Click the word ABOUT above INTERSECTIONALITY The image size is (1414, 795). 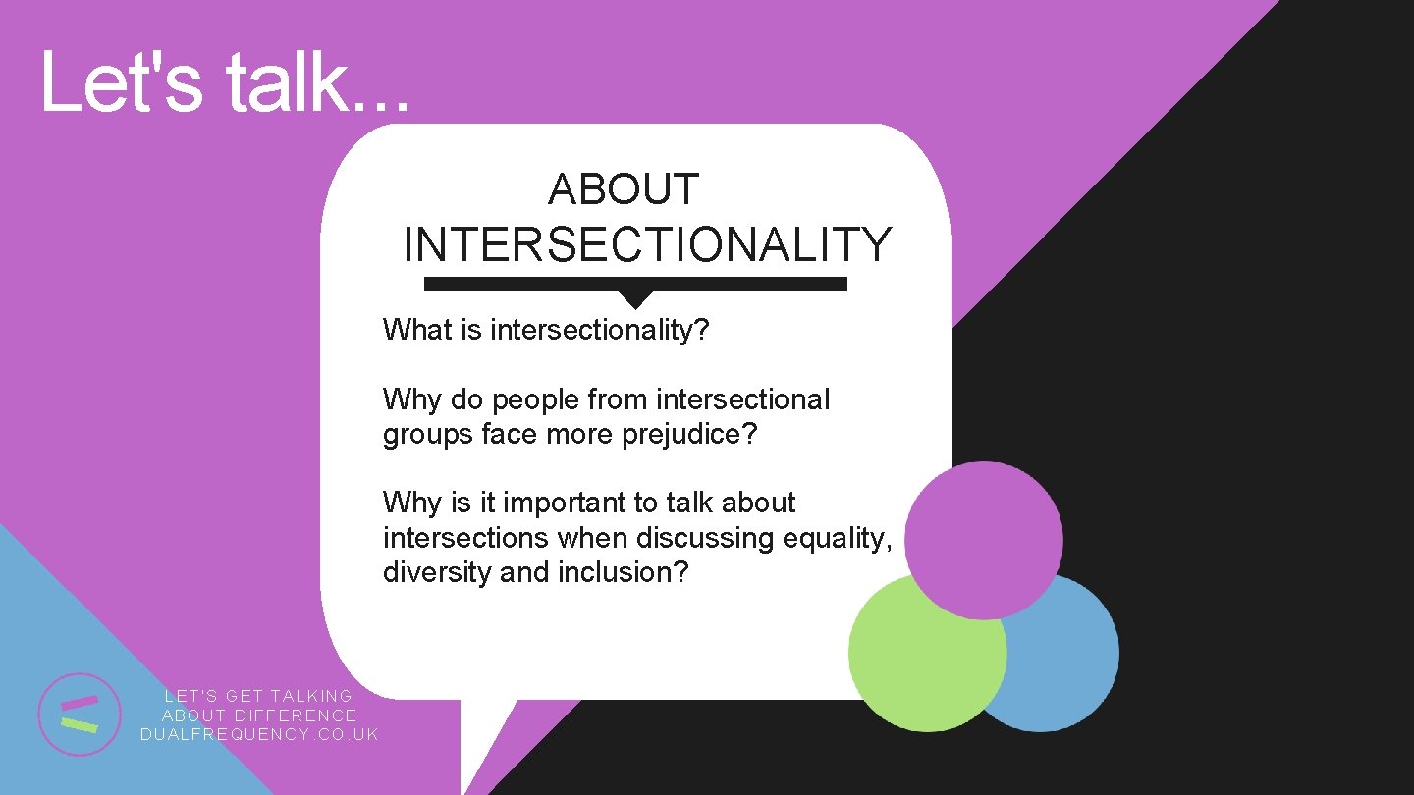[623, 189]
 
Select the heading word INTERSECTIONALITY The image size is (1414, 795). [647, 245]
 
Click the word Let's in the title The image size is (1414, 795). [122, 82]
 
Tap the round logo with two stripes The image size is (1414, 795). [79, 714]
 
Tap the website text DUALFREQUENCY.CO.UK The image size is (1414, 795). [259, 735]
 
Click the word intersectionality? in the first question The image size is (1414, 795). [599, 330]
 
